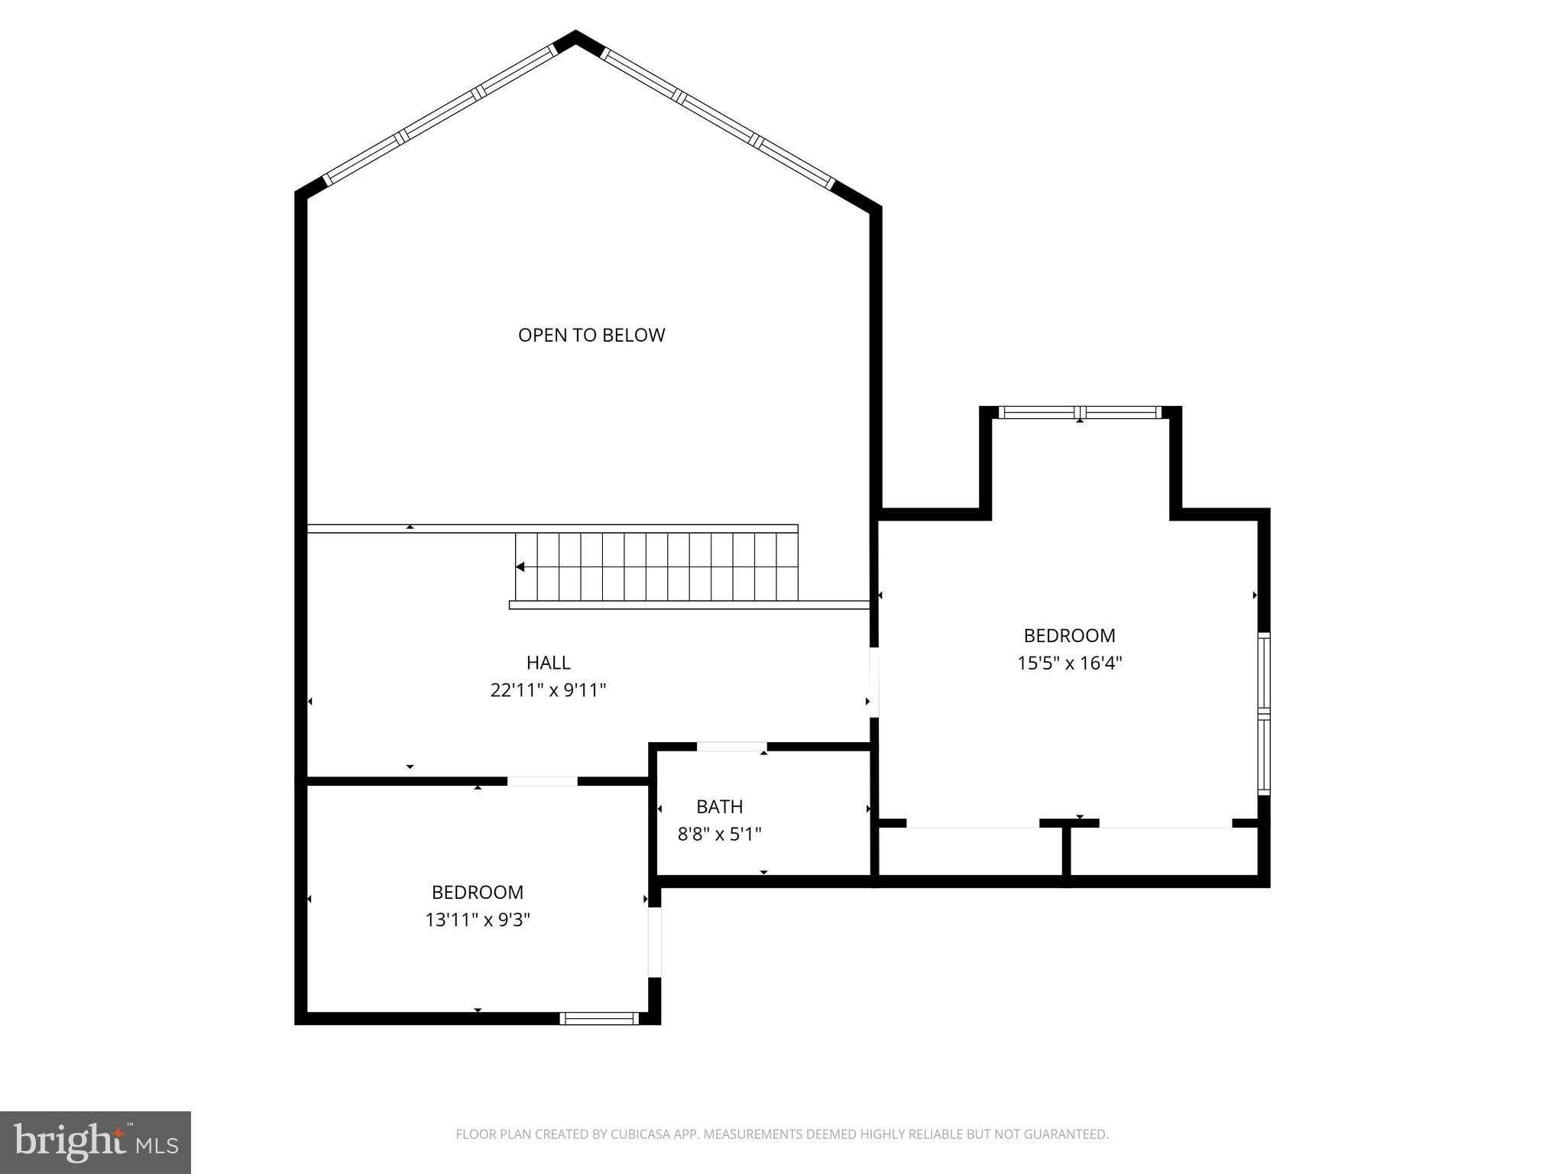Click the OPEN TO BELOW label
pos(591,335)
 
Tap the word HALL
pos(548,663)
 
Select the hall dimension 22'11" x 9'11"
pos(548,690)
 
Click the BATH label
pos(719,806)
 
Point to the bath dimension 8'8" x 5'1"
pos(720,834)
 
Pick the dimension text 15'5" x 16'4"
pos(1069,663)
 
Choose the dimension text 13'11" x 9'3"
pos(478,919)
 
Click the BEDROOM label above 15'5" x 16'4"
pos(1069,635)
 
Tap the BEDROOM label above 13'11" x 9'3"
pos(478,892)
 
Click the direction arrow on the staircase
pos(520,567)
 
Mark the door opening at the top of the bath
pos(731,747)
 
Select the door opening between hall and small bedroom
pos(543,781)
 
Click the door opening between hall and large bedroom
pos(874,683)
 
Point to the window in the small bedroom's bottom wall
pos(599,1018)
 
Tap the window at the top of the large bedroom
pos(1080,412)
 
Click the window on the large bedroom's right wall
pos(1264,714)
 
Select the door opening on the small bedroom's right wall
pos(654,942)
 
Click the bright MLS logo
pos(96,1142)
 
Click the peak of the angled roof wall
pos(575,32)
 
